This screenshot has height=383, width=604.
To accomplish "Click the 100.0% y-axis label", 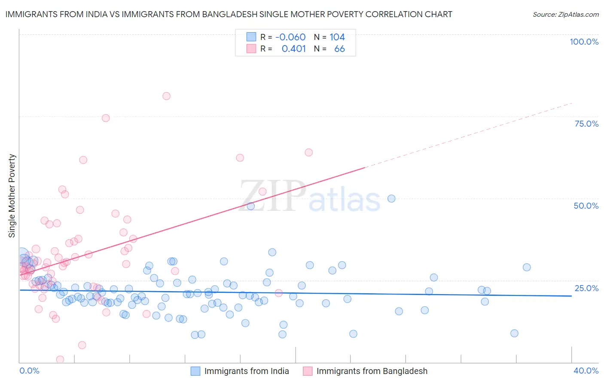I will coord(584,42).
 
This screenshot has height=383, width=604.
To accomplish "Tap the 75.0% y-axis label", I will coord(586,124).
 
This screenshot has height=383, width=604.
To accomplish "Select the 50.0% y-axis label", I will coord(586,206).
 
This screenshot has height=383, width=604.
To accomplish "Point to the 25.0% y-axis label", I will coord(586,288).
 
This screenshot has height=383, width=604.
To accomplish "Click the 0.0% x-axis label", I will coord(29,371).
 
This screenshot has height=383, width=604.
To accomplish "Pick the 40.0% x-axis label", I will coord(586,371).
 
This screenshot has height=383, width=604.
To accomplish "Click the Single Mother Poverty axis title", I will coord(12,196).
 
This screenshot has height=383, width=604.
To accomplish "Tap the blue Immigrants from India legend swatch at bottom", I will coord(195,371).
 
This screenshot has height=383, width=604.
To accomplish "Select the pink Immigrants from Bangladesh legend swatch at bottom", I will coord(308,371).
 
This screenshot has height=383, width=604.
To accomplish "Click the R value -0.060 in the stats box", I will coord(290,37).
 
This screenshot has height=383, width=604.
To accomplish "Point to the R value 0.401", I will coord(294,49).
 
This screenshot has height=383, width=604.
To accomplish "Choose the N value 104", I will coord(337,37).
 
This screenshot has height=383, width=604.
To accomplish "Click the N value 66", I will coord(339,49).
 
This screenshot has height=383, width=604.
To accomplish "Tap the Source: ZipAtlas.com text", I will coord(565,15).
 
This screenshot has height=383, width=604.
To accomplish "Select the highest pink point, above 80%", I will coord(166,96).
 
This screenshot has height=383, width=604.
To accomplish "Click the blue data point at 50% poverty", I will coord(391,198).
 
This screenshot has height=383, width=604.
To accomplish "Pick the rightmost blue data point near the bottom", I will coord(514,333).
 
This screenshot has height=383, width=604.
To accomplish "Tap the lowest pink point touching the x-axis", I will coord(60,359).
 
